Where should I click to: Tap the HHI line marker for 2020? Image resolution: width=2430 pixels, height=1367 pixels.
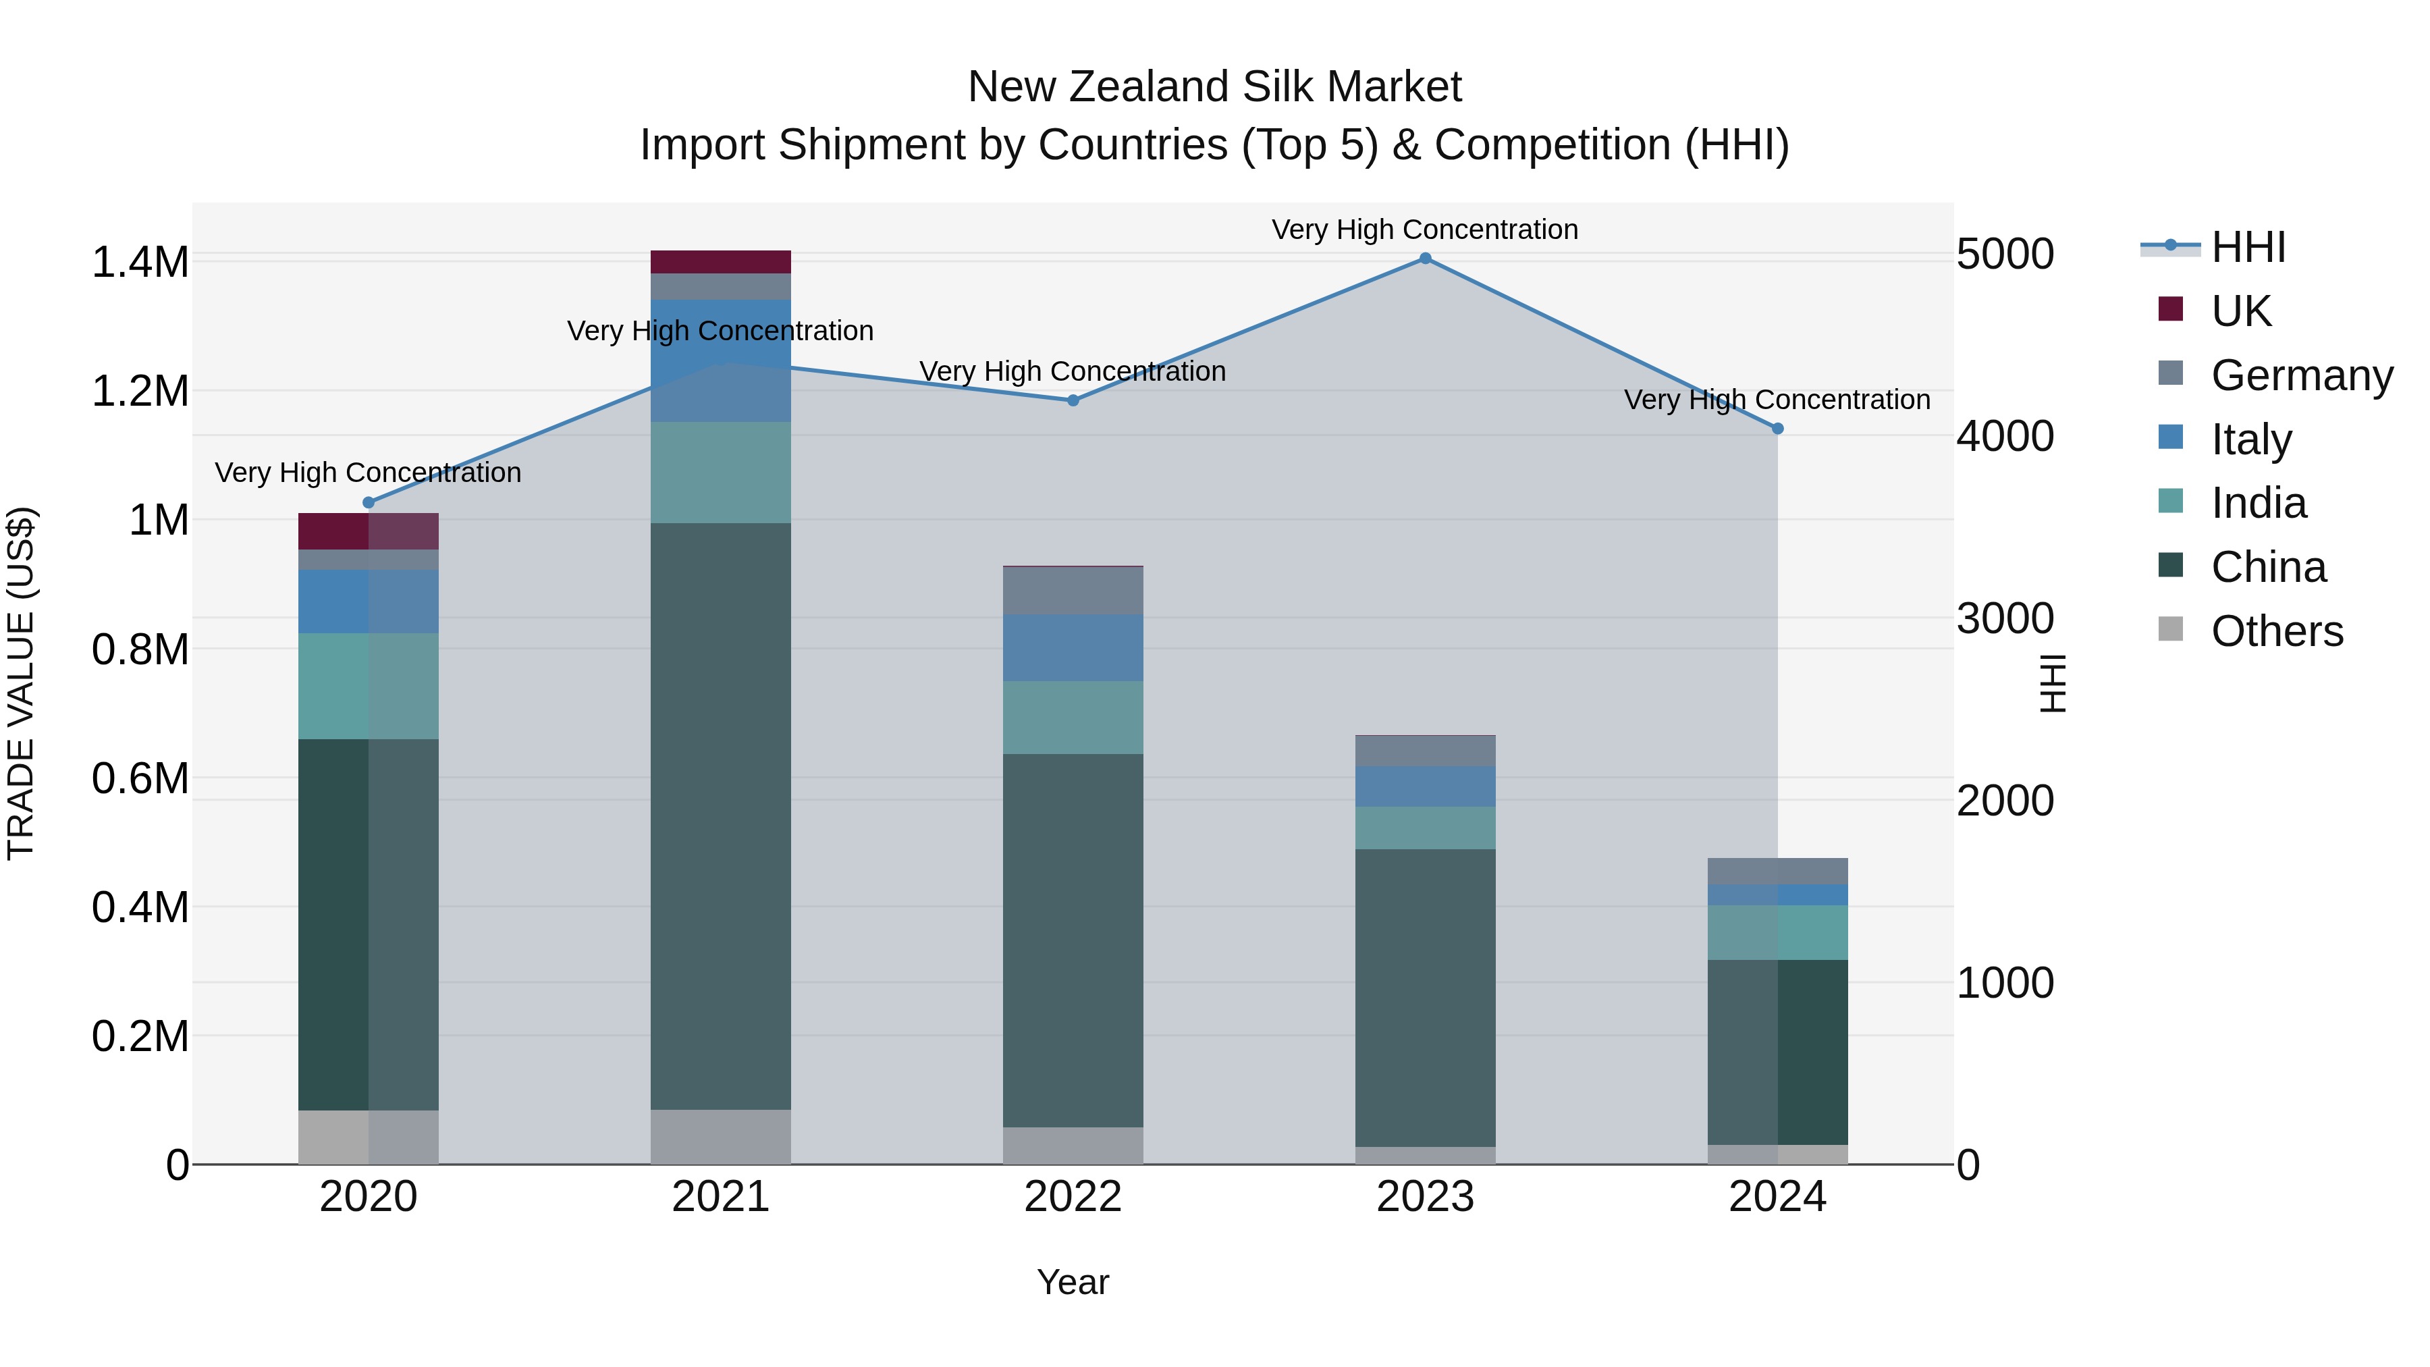click(369, 503)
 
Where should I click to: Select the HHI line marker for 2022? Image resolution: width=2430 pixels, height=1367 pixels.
click(1073, 400)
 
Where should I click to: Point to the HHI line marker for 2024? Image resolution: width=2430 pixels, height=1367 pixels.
click(1777, 428)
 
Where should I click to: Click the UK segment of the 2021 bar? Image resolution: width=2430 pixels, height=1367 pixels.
click(721, 263)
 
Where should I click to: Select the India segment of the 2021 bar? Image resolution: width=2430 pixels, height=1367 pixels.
click(721, 473)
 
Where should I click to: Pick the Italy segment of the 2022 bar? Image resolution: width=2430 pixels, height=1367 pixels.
click(1073, 648)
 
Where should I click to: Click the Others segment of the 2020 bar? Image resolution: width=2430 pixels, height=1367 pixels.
click(369, 1137)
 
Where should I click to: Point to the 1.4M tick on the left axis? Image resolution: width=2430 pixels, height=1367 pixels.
click(140, 263)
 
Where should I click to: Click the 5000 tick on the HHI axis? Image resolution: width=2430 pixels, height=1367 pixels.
click(2005, 254)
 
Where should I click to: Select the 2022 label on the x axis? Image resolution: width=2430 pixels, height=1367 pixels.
click(1073, 1197)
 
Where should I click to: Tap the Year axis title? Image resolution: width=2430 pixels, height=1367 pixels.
click(1073, 1282)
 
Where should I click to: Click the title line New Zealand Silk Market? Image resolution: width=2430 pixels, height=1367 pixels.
click(1214, 87)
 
